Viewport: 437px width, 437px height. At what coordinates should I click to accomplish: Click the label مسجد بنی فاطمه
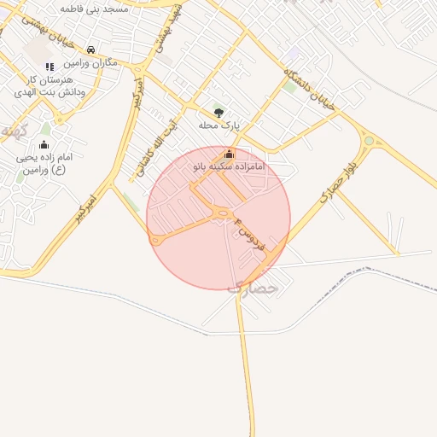click(x=94, y=8)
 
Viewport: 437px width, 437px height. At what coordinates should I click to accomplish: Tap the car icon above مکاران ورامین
click(x=91, y=50)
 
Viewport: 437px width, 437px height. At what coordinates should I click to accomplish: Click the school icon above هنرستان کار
click(x=50, y=66)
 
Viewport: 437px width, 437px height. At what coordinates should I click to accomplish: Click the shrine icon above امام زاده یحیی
click(x=44, y=145)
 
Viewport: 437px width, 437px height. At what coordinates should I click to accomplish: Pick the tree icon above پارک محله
click(x=219, y=112)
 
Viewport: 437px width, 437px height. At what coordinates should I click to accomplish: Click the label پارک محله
click(x=219, y=125)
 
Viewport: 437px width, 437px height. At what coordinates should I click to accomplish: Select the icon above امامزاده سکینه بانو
click(x=229, y=154)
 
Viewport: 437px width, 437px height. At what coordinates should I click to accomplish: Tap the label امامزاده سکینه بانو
click(x=229, y=166)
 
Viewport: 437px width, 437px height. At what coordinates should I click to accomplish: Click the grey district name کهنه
click(x=14, y=131)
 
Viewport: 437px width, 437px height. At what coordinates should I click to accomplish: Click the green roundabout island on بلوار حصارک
click(x=369, y=141)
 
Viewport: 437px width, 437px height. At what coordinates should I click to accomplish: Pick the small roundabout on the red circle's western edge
click(x=155, y=241)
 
